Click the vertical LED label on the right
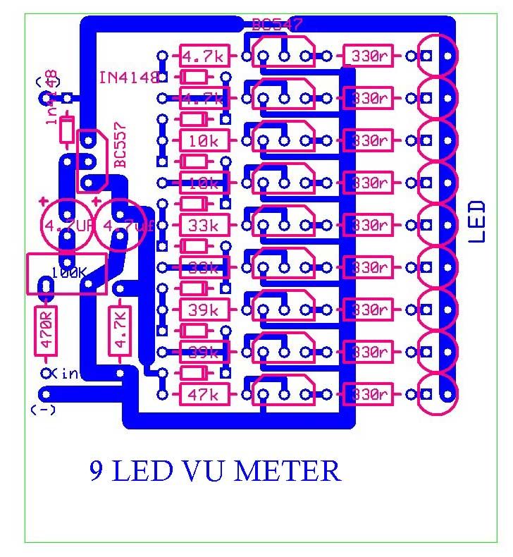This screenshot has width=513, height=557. point(477,221)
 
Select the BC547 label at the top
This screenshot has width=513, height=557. point(277,25)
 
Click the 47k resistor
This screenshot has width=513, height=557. point(204,395)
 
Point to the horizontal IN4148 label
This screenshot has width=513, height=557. point(129,77)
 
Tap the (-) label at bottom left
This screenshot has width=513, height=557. point(42,411)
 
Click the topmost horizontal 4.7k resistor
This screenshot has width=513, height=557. point(204,56)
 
